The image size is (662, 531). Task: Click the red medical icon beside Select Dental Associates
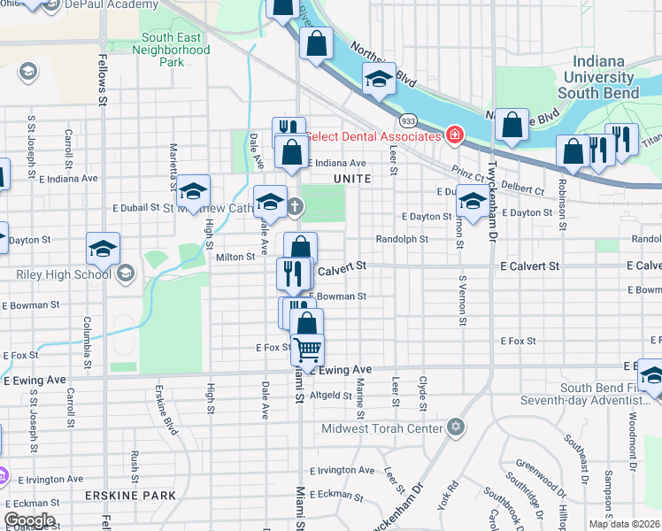click(454, 135)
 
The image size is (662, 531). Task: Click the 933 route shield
click(408, 119)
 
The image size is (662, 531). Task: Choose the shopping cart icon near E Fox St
click(307, 350)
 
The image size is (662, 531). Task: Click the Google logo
click(29, 519)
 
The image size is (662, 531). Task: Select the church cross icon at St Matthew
click(295, 208)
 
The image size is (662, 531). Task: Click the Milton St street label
click(235, 257)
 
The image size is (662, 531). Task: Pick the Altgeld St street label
click(331, 395)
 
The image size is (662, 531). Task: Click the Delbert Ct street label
click(525, 189)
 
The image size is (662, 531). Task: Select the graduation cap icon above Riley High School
click(103, 249)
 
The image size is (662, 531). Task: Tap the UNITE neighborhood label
click(350, 179)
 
